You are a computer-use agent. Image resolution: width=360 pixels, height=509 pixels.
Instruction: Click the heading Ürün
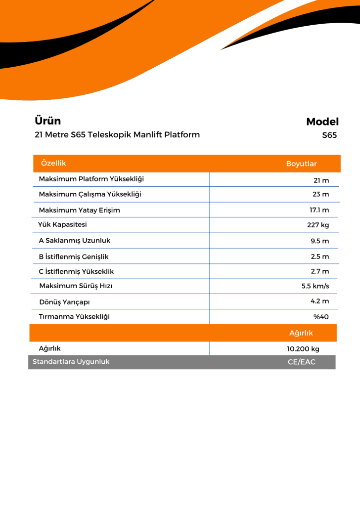point(48,121)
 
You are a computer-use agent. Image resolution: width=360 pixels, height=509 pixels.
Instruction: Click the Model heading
point(322,122)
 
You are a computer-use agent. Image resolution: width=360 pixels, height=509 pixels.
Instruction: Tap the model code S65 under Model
point(329,135)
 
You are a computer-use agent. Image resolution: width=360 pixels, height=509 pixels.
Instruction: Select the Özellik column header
point(53,164)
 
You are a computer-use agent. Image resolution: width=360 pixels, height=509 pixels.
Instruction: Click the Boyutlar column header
point(301,164)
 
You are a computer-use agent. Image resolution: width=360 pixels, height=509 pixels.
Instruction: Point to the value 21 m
point(321,180)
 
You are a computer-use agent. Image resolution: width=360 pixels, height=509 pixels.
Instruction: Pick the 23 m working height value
point(320,194)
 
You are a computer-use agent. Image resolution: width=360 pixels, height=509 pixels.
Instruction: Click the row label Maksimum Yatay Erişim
point(79,211)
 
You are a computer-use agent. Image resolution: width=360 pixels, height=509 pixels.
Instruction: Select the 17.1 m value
point(319,211)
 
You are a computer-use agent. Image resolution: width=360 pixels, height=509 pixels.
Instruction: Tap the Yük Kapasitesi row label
point(62,225)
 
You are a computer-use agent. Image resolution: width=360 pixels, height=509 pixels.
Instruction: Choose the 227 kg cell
point(318,225)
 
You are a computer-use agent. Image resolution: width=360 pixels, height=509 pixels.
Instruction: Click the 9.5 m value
point(319,241)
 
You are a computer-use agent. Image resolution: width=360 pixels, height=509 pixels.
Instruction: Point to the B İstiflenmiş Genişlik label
point(74,256)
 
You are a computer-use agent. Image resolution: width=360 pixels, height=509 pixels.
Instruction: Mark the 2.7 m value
point(319,271)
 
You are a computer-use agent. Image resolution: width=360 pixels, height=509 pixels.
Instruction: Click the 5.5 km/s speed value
point(315,286)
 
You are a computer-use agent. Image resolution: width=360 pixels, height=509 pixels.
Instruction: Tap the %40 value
point(321,317)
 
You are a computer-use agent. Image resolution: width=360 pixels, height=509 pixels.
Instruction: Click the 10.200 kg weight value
point(303,349)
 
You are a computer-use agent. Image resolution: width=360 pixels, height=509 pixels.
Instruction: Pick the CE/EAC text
point(301,362)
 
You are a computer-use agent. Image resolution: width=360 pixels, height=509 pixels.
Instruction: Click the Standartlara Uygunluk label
point(71,362)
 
